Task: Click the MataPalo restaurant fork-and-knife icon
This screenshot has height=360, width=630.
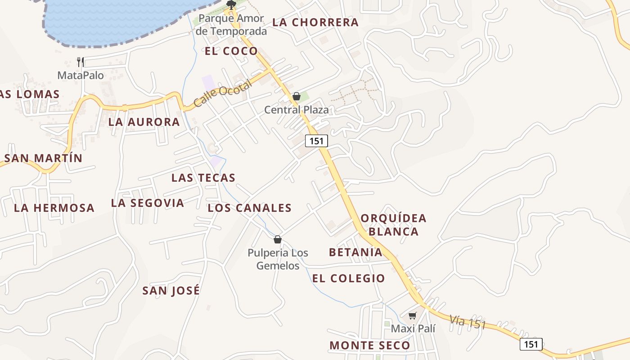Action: coord(81,62)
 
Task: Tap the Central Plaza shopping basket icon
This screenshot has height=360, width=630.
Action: coord(296,96)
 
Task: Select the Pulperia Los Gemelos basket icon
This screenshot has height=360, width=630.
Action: coord(278,239)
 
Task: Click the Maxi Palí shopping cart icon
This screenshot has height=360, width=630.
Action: coord(413,315)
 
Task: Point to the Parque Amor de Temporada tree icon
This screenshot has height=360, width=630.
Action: coord(231,5)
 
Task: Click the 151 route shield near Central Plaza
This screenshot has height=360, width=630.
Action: coord(316,141)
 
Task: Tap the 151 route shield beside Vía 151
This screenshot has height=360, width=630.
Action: coord(531,344)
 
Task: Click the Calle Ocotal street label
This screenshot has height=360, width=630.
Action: coord(223,94)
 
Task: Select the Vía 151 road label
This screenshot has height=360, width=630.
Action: coord(468,322)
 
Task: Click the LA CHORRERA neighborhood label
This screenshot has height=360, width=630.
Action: coord(315,22)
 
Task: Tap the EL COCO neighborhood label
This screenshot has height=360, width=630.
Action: coord(231,51)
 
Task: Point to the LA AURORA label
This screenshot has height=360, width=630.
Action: coord(144,122)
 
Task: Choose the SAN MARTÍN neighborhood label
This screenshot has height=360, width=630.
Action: coord(44,158)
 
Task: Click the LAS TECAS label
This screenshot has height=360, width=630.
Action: coord(203,178)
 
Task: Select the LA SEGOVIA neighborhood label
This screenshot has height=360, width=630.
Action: coord(148,203)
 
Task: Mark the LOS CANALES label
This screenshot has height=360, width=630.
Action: coord(250,208)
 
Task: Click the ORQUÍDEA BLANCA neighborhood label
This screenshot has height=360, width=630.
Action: coord(394,225)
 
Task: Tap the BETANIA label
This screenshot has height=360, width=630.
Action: coord(355,252)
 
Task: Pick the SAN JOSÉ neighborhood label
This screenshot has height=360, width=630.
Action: coord(171,291)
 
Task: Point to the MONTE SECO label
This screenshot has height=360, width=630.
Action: coord(370,346)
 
